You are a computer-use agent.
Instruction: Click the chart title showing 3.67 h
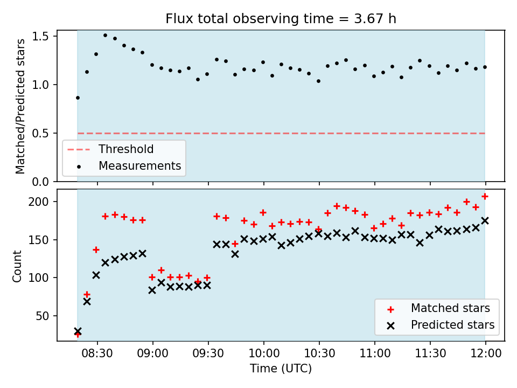tap(281, 18)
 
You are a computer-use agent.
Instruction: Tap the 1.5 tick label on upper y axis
tap(40, 36)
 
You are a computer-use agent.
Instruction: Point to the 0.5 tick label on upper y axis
tap(40, 133)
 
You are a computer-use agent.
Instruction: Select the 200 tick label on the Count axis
tap(38, 202)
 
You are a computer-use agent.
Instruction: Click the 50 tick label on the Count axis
tap(42, 316)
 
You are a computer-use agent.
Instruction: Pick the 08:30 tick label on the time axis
tap(97, 354)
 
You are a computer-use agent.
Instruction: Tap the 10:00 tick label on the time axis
tap(264, 354)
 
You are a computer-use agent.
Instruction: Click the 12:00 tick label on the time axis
tap(485, 354)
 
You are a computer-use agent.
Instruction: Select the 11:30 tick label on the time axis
tap(430, 354)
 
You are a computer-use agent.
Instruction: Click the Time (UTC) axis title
tap(281, 368)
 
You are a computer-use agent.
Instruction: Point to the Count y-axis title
tap(17, 266)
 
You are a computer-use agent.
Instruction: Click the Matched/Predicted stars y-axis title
tap(20, 106)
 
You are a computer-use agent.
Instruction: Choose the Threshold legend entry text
tap(126, 149)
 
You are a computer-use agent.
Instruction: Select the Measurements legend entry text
tap(140, 165)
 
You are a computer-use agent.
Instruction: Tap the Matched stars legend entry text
tap(450, 308)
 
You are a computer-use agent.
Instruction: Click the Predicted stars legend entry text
tap(453, 325)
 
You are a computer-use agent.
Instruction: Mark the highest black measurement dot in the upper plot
tap(105, 36)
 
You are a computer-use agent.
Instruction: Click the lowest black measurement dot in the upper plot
tap(78, 98)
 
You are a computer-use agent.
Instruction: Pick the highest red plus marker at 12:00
tap(485, 197)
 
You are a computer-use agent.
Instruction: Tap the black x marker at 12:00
tap(485, 221)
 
